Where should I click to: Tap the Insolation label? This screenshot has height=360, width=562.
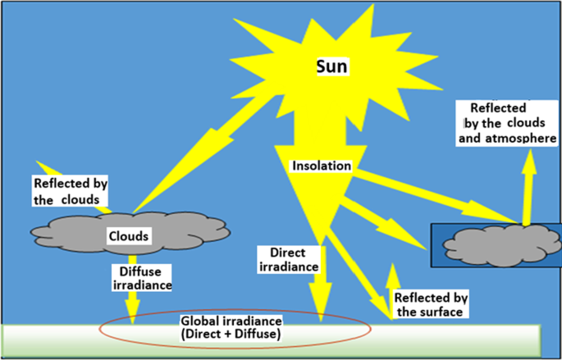pos(322,166)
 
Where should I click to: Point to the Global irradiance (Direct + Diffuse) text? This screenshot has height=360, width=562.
pos(232,327)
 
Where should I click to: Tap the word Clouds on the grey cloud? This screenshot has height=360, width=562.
pos(129,236)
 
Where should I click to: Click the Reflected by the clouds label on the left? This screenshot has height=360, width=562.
pos(70,191)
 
